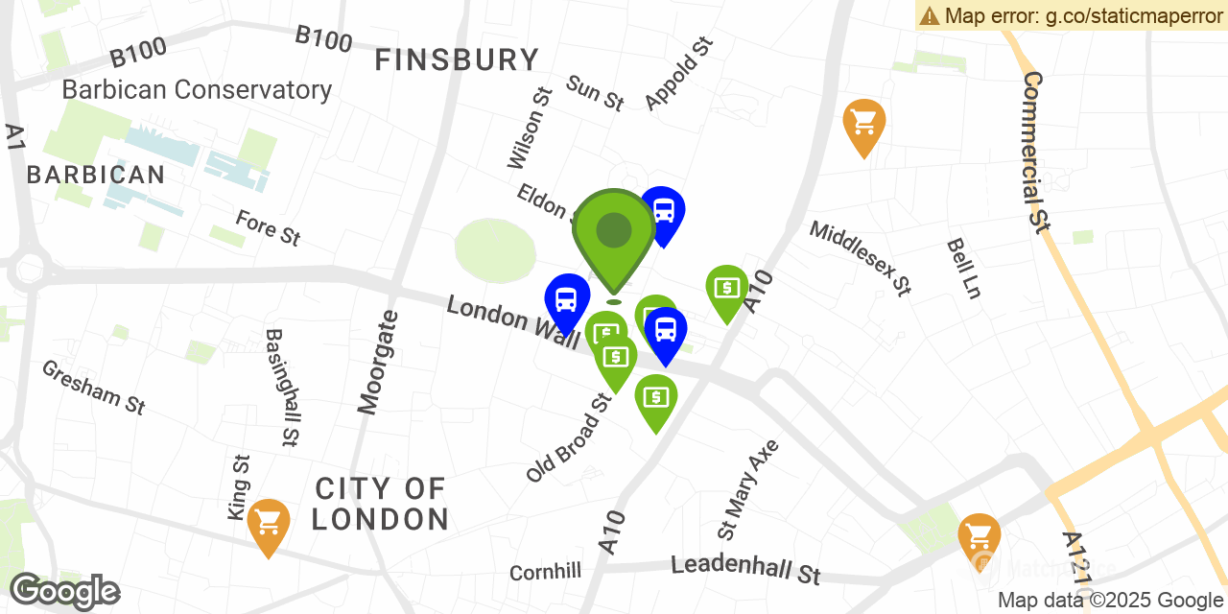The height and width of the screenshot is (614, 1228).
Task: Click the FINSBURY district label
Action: pos(457,60)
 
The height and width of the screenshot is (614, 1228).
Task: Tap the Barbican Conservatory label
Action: pos(197,90)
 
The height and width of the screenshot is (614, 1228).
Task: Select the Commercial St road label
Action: pos(1033,152)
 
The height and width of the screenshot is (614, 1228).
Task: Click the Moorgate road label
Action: pos(379,363)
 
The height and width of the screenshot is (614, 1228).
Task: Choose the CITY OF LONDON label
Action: pos(381,504)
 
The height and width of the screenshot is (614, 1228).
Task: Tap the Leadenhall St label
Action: pos(745,569)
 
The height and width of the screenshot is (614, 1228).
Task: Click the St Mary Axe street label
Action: pos(748,489)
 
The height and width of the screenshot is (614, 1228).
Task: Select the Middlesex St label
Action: pos(860,257)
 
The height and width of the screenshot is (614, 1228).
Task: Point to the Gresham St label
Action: pos(93,387)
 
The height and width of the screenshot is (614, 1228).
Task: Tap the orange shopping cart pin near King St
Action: pos(269,524)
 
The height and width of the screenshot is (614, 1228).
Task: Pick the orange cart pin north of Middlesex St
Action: pos(863,124)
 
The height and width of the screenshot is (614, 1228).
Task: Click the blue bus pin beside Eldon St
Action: pos(663,212)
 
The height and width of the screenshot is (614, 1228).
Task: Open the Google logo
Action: pos(64,590)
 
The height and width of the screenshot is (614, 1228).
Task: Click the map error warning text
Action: pos(1072,15)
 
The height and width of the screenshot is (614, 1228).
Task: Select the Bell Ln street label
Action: pos(963,269)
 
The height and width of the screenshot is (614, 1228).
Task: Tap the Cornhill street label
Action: pos(545,572)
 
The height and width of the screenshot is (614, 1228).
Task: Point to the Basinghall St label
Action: pos(280,388)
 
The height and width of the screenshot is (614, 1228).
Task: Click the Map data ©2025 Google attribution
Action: pos(1111,601)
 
